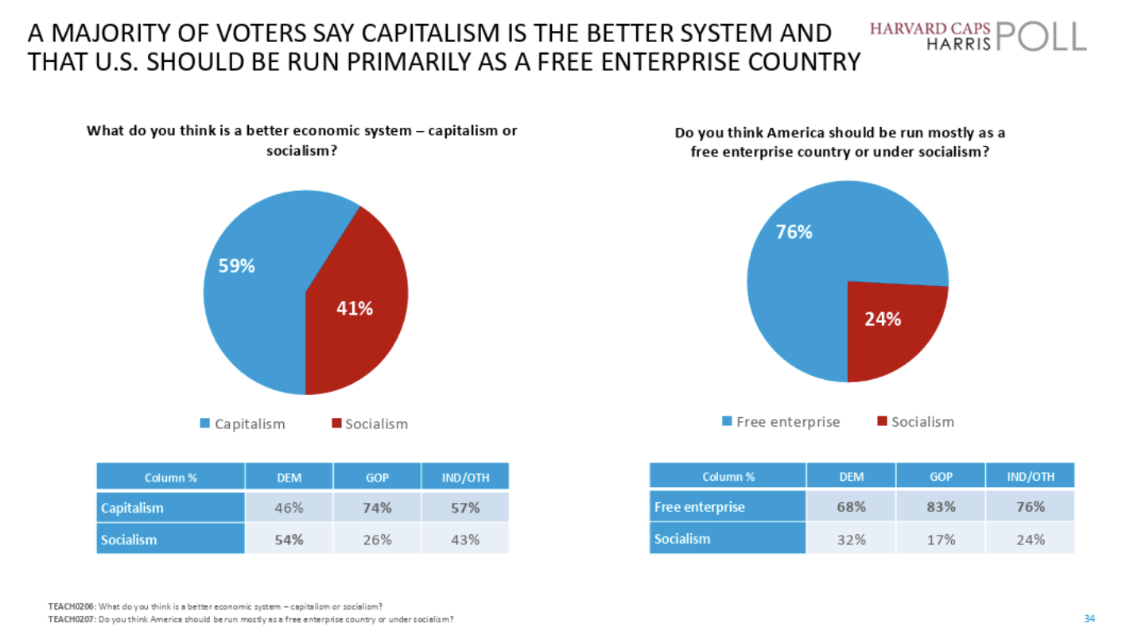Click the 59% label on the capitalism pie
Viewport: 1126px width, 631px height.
pyautogui.click(x=237, y=267)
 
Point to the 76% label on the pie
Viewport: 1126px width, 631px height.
pyautogui.click(x=794, y=233)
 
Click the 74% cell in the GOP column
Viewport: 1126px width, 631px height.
pyautogui.click(x=376, y=508)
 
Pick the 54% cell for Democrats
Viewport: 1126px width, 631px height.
pyautogui.click(x=289, y=540)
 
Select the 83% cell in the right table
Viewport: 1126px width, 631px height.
pyautogui.click(x=941, y=506)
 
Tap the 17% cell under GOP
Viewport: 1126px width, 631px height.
pyautogui.click(x=941, y=539)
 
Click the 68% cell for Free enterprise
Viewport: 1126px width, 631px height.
pyautogui.click(x=851, y=506)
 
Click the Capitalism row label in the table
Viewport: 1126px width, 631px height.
pyautogui.click(x=132, y=508)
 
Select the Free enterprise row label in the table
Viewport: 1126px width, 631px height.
pyautogui.click(x=700, y=506)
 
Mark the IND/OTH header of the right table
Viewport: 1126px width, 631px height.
pyautogui.click(x=1030, y=477)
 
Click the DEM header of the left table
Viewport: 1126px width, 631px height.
pyautogui.click(x=289, y=478)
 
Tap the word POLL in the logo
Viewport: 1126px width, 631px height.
pyautogui.click(x=1040, y=37)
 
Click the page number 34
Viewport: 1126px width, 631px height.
pyautogui.click(x=1089, y=617)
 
